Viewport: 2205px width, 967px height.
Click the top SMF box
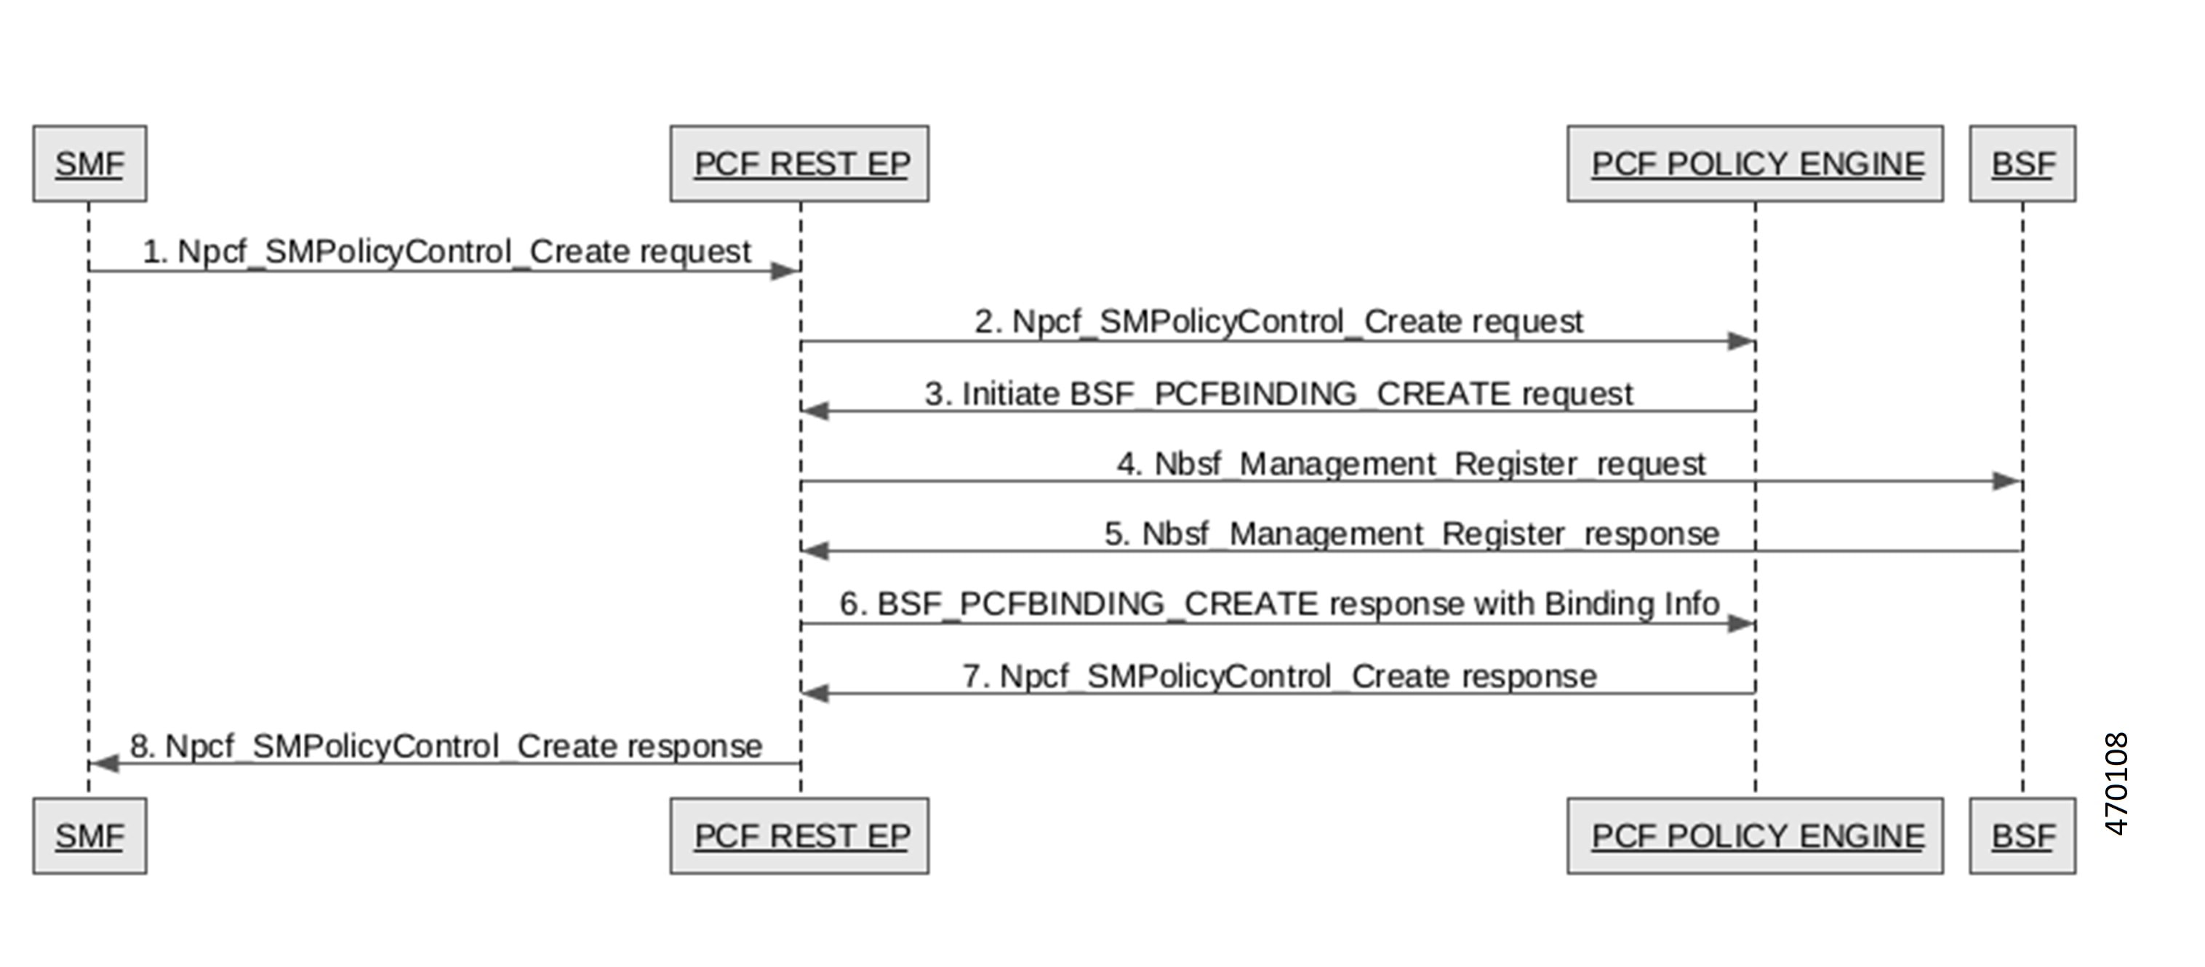click(90, 164)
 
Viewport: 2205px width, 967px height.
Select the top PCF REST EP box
click(799, 164)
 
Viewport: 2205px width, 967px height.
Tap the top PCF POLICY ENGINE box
click(1755, 164)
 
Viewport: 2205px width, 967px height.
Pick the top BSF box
click(2022, 164)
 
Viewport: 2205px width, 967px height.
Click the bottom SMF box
click(90, 836)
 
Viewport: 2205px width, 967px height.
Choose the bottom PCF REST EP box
click(799, 836)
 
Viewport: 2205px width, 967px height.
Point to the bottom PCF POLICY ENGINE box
click(1755, 836)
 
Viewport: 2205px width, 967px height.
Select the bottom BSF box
click(2022, 836)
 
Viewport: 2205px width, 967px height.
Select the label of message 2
click(1278, 322)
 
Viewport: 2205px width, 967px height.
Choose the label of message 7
click(1280, 676)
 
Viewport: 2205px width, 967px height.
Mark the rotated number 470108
click(2115, 784)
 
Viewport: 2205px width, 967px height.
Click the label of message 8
click(446, 746)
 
